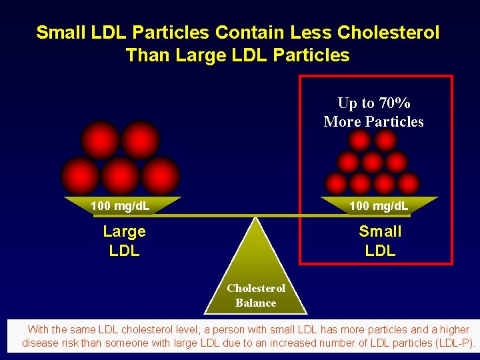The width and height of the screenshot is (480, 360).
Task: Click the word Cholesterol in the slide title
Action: pyautogui.click(x=389, y=32)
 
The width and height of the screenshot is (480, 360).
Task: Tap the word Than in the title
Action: pyautogui.click(x=147, y=55)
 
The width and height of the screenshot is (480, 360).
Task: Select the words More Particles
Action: pyautogui.click(x=373, y=121)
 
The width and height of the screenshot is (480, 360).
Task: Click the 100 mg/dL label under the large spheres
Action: pyautogui.click(x=120, y=206)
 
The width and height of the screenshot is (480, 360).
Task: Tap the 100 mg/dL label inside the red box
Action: pyautogui.click(x=379, y=206)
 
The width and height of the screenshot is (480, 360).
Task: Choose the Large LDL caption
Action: pyautogui.click(x=124, y=241)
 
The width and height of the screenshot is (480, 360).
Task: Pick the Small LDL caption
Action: pyautogui.click(x=380, y=241)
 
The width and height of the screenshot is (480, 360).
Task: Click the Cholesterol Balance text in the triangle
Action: pyautogui.click(x=255, y=295)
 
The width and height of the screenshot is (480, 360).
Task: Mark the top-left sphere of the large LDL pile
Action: pyautogui.click(x=100, y=140)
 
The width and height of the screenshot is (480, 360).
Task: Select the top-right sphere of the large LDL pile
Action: pyautogui.click(x=141, y=140)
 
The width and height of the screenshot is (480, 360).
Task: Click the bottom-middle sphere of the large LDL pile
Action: pyautogui.click(x=120, y=175)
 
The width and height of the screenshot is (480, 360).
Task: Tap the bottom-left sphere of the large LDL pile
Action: pyautogui.click(x=80, y=175)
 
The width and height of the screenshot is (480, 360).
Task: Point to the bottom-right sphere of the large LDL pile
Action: pyautogui.click(x=161, y=175)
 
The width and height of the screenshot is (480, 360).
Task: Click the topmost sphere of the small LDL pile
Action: pyautogui.click(x=360, y=141)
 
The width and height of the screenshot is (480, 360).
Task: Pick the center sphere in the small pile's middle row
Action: pyautogui.click(x=372, y=162)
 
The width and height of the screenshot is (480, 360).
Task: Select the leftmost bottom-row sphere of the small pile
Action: pyautogui.click(x=336, y=183)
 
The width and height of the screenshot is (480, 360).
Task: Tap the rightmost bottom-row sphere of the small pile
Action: pyautogui.click(x=408, y=183)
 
